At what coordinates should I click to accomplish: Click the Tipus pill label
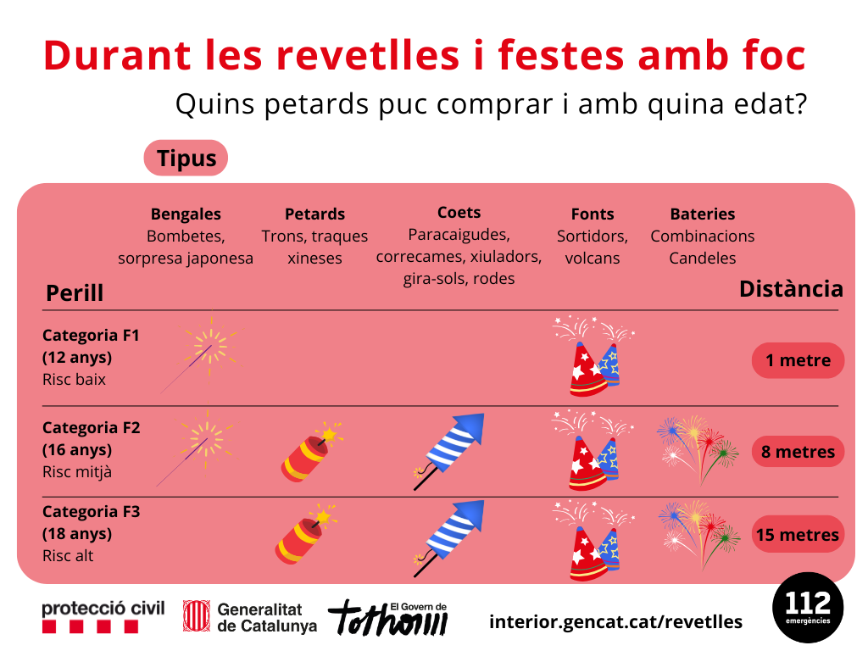click(186, 159)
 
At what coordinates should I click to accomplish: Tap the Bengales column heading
click(186, 214)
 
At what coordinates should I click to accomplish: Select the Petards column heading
click(314, 214)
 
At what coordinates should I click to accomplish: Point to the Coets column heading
click(459, 213)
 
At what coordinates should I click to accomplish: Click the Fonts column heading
click(593, 214)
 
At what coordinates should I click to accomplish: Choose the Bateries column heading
click(703, 214)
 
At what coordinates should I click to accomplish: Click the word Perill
click(75, 293)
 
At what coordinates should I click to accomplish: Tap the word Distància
click(791, 289)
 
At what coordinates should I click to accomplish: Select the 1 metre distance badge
click(798, 360)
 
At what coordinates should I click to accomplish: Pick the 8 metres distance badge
click(798, 452)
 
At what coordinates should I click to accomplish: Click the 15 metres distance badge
click(798, 535)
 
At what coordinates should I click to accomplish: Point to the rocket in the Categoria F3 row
click(449, 532)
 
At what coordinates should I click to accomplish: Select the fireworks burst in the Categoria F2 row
click(697, 447)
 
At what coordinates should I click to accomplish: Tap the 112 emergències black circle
click(808, 608)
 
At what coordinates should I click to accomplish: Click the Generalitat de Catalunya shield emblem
click(197, 616)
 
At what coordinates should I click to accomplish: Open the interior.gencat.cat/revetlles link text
click(615, 621)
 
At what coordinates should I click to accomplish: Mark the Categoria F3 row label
click(92, 512)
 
